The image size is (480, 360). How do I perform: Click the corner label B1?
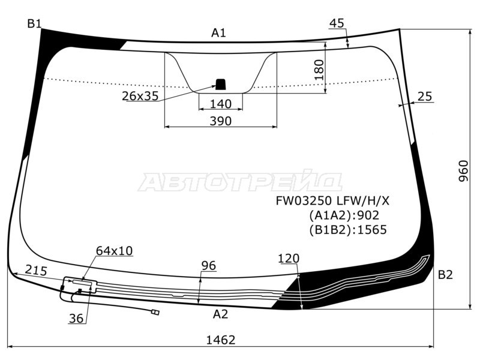(x=34, y=24)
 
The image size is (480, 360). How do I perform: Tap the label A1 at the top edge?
(x=218, y=33)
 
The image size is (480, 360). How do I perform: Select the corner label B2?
(x=445, y=275)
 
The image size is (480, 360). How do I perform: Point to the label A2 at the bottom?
(x=220, y=314)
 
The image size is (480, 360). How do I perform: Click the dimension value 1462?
(x=221, y=340)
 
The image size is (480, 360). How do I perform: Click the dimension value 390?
(x=221, y=121)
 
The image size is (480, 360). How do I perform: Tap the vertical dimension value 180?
(x=319, y=70)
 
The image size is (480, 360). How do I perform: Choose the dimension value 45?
(x=337, y=23)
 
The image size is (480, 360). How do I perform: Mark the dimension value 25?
(x=425, y=97)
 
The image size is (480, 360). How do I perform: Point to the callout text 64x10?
(x=114, y=250)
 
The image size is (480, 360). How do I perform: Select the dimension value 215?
(x=37, y=271)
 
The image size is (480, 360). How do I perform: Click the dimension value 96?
(x=208, y=266)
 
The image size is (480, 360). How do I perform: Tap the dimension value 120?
(x=289, y=259)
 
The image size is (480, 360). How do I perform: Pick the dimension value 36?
(x=76, y=319)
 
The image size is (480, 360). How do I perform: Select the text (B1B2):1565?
(x=348, y=229)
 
